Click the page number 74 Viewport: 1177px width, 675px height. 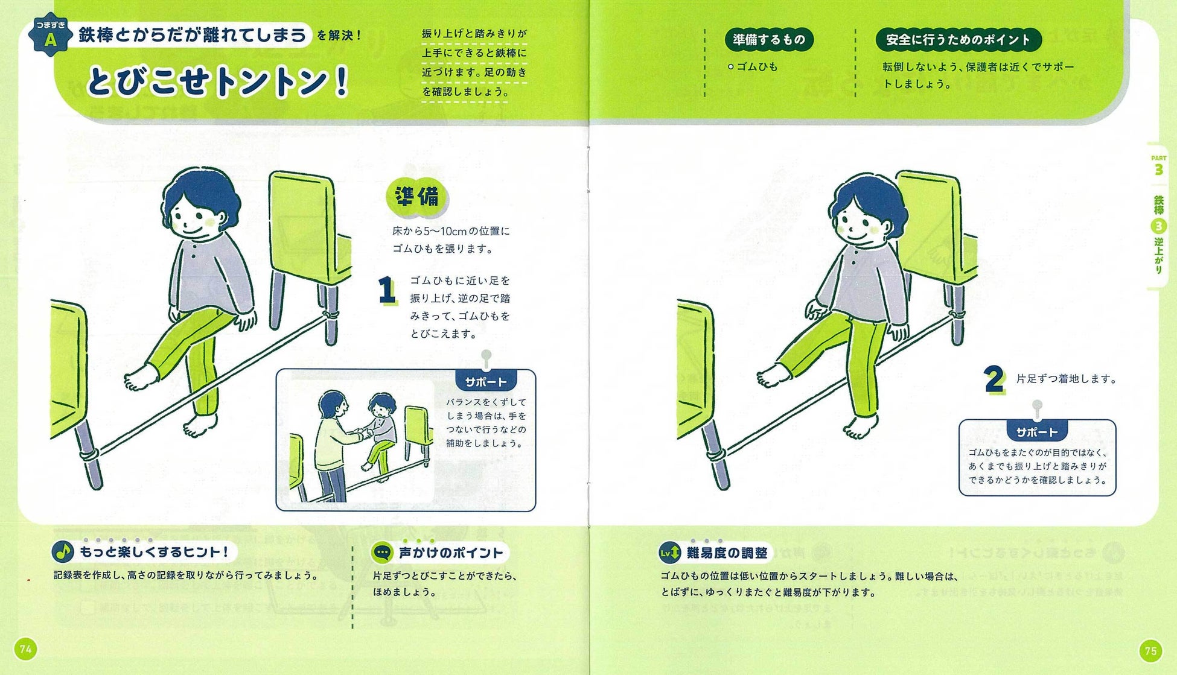[26, 649]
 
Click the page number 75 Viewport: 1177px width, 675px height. [1150, 650]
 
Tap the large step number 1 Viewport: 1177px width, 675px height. [386, 290]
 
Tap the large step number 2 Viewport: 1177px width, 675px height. [994, 379]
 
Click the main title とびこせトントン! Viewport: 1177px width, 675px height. [218, 81]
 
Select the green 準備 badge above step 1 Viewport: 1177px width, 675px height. [416, 197]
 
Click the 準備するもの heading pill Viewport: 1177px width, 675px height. [769, 40]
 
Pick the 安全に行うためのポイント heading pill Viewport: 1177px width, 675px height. [958, 40]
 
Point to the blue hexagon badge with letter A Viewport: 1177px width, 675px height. [51, 35]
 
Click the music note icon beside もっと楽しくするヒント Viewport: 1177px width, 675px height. [62, 551]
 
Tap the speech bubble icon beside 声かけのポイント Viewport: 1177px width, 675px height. [382, 552]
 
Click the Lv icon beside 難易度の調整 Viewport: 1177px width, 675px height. [669, 552]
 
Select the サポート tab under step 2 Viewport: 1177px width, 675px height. [1036, 432]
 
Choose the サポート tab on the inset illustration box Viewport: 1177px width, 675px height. [485, 382]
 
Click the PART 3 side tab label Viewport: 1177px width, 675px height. [1158, 165]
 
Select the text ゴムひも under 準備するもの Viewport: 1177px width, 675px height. [757, 67]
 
